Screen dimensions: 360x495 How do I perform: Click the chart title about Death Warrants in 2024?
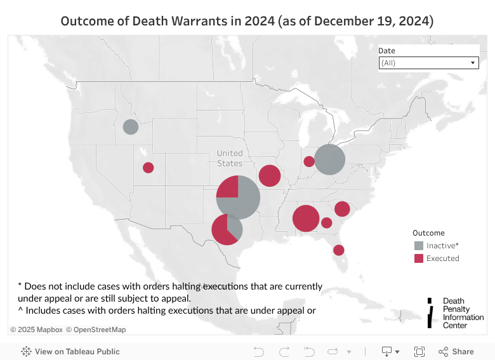point(247,21)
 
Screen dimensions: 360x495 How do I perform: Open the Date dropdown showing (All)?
point(428,63)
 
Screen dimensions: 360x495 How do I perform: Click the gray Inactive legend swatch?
point(419,246)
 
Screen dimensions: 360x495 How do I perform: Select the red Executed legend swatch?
point(419,258)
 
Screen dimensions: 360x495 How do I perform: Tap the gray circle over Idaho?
point(130,127)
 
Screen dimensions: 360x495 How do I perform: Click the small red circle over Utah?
point(148,168)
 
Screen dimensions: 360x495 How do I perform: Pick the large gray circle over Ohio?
point(329,159)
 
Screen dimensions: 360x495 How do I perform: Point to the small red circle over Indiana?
point(309,161)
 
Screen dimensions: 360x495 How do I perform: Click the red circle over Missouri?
point(270,176)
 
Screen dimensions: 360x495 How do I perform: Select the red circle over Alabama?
point(305,218)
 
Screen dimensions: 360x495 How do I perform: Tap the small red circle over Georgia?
point(327,223)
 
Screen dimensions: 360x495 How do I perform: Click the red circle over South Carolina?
point(342,209)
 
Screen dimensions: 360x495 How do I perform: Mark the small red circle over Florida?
point(339,250)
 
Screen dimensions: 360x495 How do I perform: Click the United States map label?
point(230,158)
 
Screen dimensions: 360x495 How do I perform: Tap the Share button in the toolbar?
point(456,351)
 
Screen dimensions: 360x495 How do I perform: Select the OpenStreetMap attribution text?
point(97,330)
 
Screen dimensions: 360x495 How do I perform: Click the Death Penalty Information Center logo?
point(455,313)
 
